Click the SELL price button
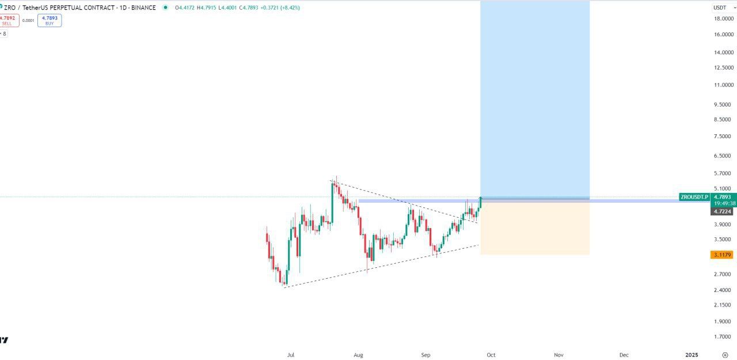coord(8,21)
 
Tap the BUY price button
coord(50,21)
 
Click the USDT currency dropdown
coord(720,7)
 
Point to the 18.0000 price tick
coord(723,19)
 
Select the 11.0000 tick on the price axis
coord(723,85)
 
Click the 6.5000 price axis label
coord(723,156)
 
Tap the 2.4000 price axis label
coord(723,290)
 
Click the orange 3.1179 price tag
coord(722,255)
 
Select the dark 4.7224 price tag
coord(722,211)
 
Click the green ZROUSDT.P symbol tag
coord(694,197)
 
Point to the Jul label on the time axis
coord(290,355)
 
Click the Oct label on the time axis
coord(491,355)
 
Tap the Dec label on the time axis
coord(624,355)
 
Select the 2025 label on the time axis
coord(692,355)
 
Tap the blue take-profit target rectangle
coord(534,98)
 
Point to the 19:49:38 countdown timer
coord(724,203)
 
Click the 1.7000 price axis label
coord(723,337)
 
